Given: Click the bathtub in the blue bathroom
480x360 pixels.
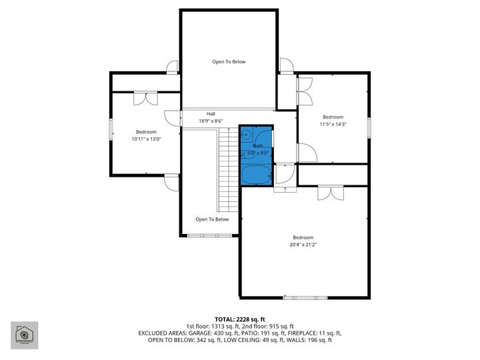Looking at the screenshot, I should click(257, 175).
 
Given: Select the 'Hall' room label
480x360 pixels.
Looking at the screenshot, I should click(211, 114).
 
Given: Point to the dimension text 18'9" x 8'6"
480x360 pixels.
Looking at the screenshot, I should click(211, 121).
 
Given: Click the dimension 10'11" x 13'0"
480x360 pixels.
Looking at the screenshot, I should click(146, 139).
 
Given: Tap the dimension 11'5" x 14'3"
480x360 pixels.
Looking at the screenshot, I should click(333, 124).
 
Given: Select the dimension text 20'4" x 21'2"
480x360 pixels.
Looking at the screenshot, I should click(303, 245).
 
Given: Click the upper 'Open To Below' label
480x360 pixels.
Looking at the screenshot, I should click(229, 62).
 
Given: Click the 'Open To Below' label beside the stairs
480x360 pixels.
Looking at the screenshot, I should click(212, 219).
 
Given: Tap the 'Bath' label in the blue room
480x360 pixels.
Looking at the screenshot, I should click(257, 145).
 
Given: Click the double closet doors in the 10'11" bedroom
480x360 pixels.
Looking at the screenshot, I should click(145, 98).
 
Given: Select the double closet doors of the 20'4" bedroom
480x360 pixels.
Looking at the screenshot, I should click(329, 193).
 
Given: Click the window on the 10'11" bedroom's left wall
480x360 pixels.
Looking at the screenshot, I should click(111, 130).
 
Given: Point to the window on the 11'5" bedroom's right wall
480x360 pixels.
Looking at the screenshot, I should click(368, 126).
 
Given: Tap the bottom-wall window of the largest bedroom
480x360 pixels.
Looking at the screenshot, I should click(305, 297).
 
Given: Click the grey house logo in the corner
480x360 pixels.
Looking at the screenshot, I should click(24, 335).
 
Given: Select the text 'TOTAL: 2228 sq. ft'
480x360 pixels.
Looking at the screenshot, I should click(239, 319).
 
